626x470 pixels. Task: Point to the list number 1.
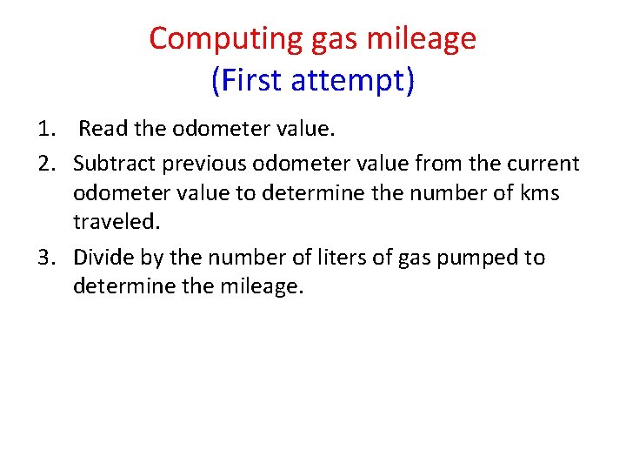point(45,130)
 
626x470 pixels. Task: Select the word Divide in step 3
point(102,258)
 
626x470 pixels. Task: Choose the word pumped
point(477,258)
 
